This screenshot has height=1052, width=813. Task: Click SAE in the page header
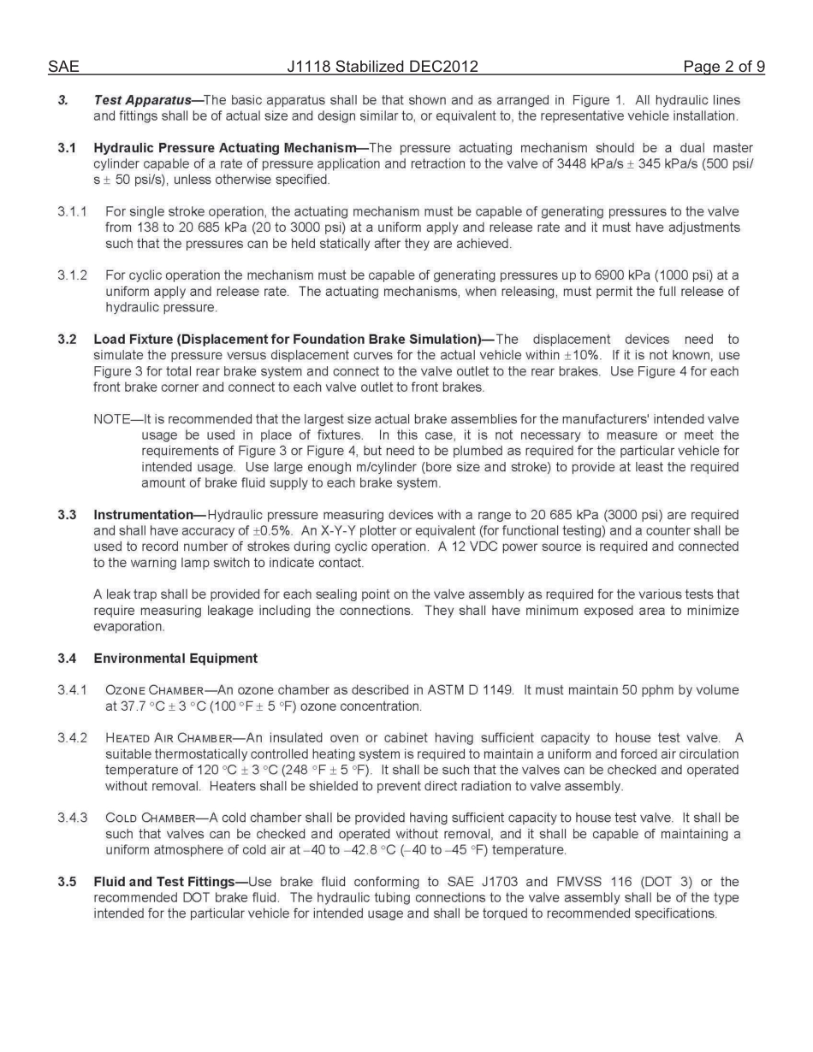[x=62, y=67]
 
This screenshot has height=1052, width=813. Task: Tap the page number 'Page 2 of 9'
[x=723, y=67]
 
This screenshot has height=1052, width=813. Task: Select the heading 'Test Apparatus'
[x=142, y=100]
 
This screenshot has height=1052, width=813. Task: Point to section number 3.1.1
[x=73, y=211]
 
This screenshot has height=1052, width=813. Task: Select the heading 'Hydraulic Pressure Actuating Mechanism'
[x=224, y=148]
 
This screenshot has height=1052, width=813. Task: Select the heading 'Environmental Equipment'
[x=175, y=659]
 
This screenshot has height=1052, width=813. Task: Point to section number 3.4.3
[x=73, y=818]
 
